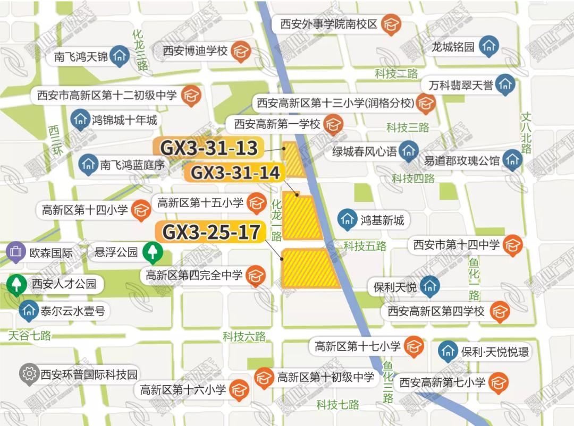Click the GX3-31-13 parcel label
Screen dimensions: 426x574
point(208,148)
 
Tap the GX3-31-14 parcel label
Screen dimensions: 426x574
point(235,172)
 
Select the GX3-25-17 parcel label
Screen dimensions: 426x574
point(211,232)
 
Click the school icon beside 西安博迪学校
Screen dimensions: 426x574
point(241,51)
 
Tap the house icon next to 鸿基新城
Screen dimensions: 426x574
point(348,219)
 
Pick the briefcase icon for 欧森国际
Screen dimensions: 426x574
point(16,252)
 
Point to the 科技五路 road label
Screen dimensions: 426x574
point(365,246)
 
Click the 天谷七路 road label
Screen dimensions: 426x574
point(30,336)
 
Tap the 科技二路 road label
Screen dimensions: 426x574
point(396,74)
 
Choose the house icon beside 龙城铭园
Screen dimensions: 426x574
point(488,46)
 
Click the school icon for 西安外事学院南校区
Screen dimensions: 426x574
point(392,25)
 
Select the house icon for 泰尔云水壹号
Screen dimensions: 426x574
point(28,311)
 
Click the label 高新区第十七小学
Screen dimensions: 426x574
point(357,347)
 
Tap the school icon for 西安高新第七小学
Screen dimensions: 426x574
point(499,382)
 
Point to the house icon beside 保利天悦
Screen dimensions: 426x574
point(429,287)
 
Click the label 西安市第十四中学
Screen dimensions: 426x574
point(457,245)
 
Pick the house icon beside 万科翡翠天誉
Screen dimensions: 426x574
point(506,84)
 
